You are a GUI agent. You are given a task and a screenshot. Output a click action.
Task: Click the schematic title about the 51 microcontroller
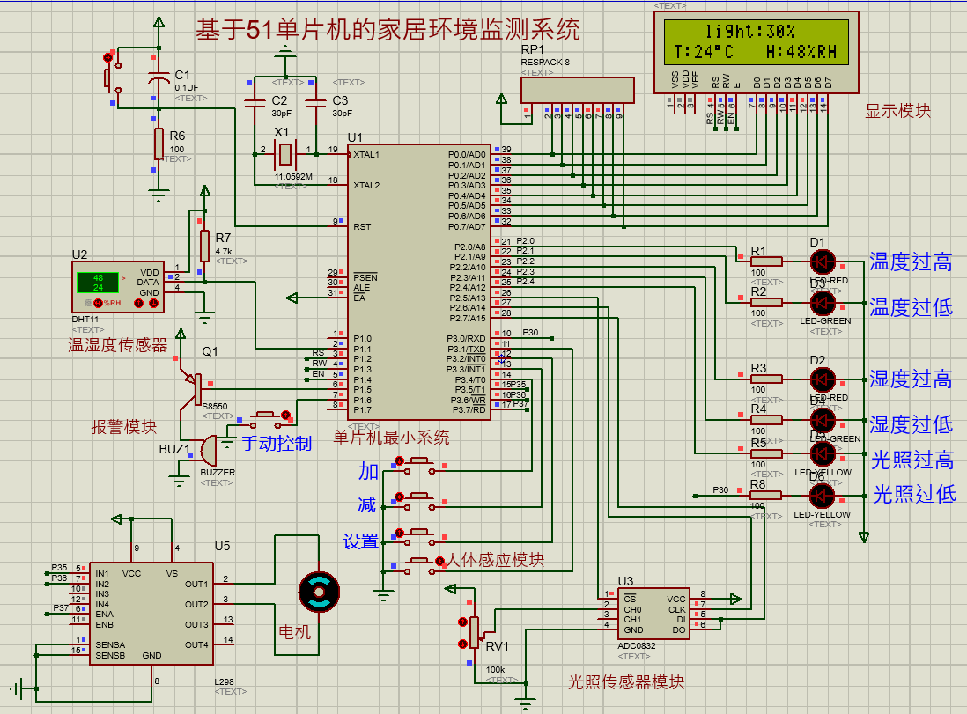(388, 31)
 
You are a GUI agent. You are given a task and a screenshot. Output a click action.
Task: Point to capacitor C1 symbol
(159, 82)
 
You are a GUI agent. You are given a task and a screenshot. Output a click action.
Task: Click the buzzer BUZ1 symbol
(208, 451)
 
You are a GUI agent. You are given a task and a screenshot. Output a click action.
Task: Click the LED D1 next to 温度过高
(823, 261)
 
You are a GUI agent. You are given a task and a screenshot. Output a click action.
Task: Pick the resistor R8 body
(765, 495)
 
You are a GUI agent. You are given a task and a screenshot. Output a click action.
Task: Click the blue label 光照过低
(913, 494)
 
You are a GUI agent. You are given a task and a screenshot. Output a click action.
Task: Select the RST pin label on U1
(362, 227)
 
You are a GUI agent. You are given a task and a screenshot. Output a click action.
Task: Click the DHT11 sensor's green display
(97, 283)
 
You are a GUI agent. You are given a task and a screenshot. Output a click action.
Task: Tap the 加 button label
(367, 471)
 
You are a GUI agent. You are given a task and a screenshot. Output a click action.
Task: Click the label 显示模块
(897, 111)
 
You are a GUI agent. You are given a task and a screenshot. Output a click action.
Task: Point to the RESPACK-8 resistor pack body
(577, 90)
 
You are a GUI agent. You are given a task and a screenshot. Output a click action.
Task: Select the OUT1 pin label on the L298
(197, 584)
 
